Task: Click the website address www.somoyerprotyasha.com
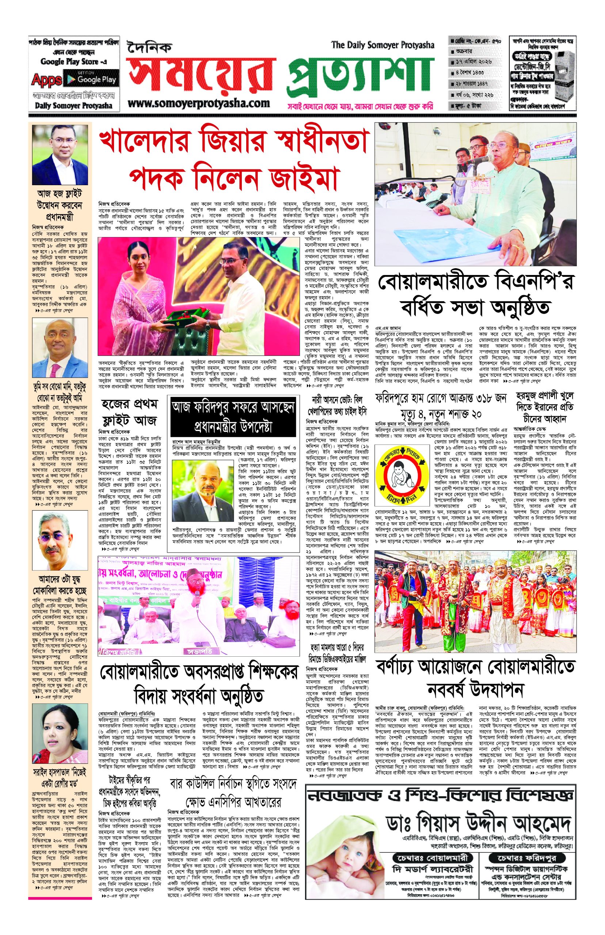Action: (x=199, y=103)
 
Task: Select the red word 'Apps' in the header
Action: (x=46, y=80)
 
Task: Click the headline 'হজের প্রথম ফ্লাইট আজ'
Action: (x=129, y=413)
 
